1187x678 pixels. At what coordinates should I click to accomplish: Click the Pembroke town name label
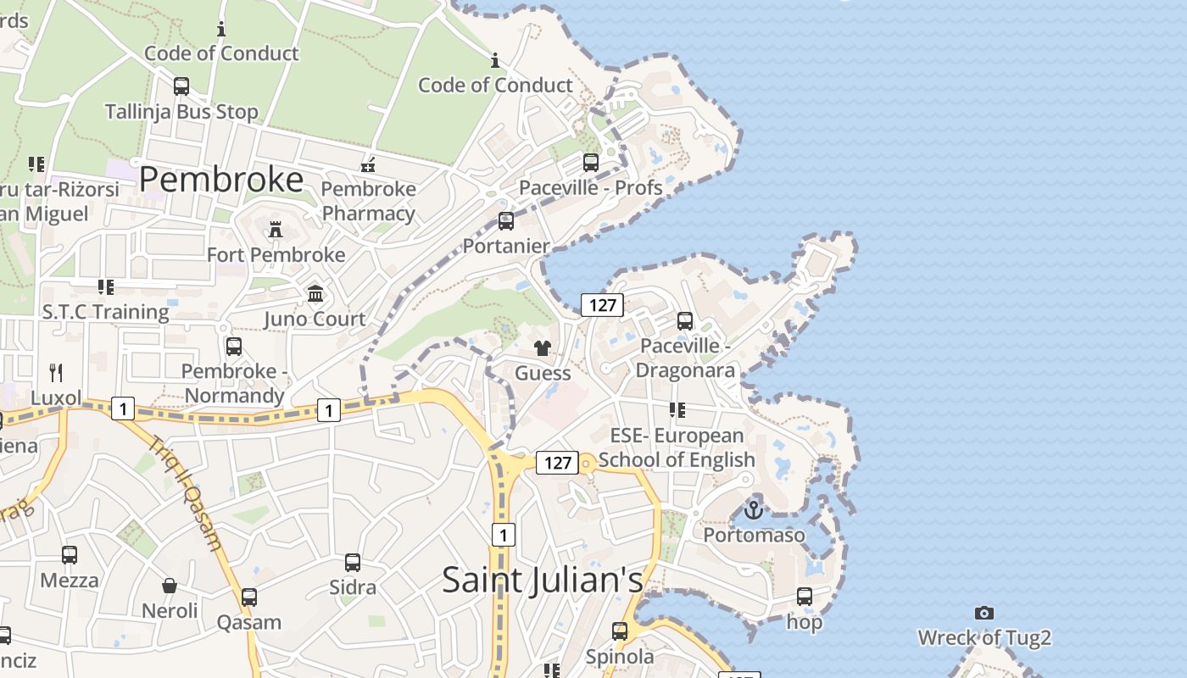220,180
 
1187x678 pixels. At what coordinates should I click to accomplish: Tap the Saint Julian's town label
543,580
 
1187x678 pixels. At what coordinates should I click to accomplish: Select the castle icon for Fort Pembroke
276,229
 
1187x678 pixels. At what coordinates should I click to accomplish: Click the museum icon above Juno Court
315,294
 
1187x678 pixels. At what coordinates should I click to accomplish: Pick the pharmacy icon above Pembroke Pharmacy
369,164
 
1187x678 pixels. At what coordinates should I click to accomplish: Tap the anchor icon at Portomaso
754,509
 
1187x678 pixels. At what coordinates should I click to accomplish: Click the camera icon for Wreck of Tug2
984,613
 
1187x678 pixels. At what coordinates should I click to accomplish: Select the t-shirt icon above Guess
543,348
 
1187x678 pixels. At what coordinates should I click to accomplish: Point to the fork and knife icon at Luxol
56,372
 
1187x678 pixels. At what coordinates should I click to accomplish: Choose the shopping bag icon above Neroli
170,586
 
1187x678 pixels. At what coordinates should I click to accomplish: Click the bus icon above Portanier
506,221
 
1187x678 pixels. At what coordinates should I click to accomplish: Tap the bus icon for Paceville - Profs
591,162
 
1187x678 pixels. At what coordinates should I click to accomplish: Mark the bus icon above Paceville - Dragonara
685,321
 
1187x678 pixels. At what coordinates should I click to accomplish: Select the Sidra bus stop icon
353,562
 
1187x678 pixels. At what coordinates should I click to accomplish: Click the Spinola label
620,657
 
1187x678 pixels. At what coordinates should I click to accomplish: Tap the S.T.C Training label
106,312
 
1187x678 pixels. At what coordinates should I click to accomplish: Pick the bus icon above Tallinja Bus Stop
181,86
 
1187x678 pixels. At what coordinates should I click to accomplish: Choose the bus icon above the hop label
805,597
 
